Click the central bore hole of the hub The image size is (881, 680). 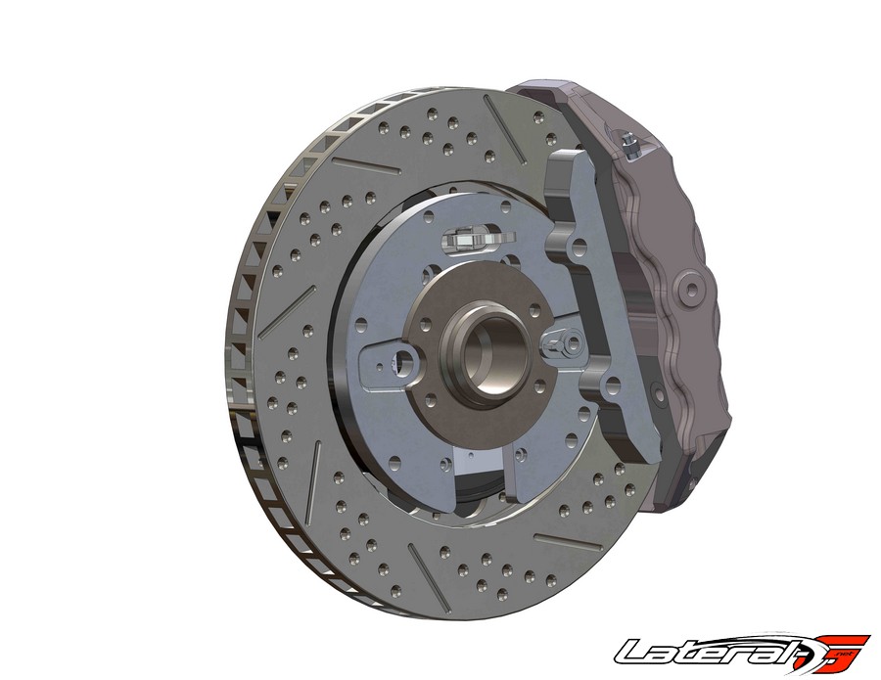(486, 355)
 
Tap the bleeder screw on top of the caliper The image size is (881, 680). (628, 142)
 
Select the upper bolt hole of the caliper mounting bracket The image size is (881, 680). (579, 248)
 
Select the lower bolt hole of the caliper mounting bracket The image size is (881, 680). (612, 385)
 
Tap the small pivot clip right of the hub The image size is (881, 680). (563, 342)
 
